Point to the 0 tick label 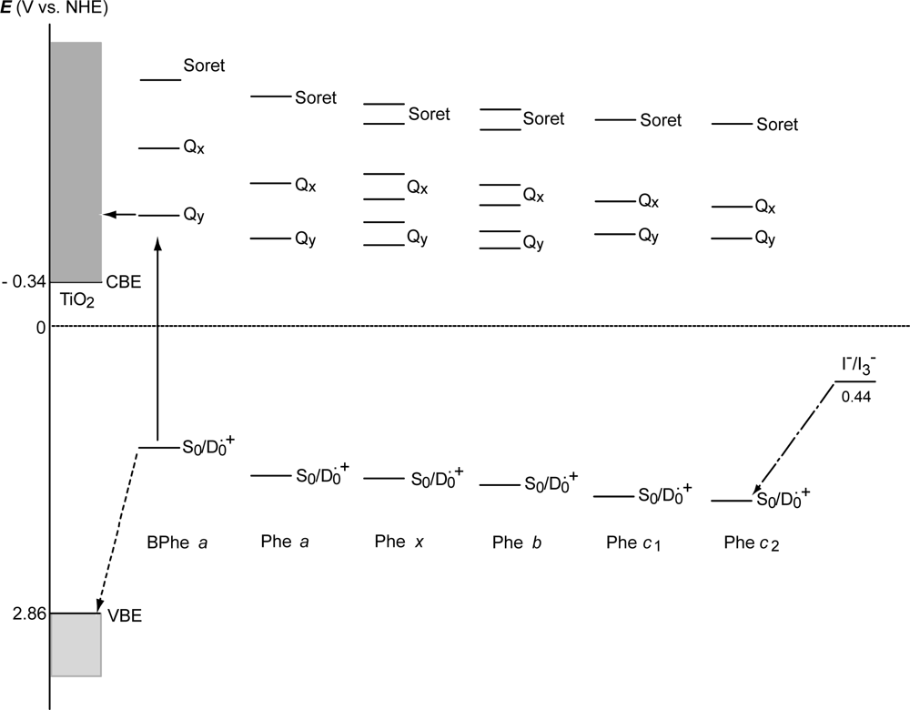pyautogui.click(x=40, y=326)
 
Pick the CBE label pyautogui.click(x=124, y=283)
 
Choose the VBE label pyautogui.click(x=125, y=616)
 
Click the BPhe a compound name pyautogui.click(x=178, y=543)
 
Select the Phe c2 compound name pyautogui.click(x=752, y=543)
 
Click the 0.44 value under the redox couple pyautogui.click(x=854, y=397)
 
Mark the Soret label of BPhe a pyautogui.click(x=204, y=66)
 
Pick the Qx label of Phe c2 pyautogui.click(x=765, y=208)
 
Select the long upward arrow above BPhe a pyautogui.click(x=158, y=346)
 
